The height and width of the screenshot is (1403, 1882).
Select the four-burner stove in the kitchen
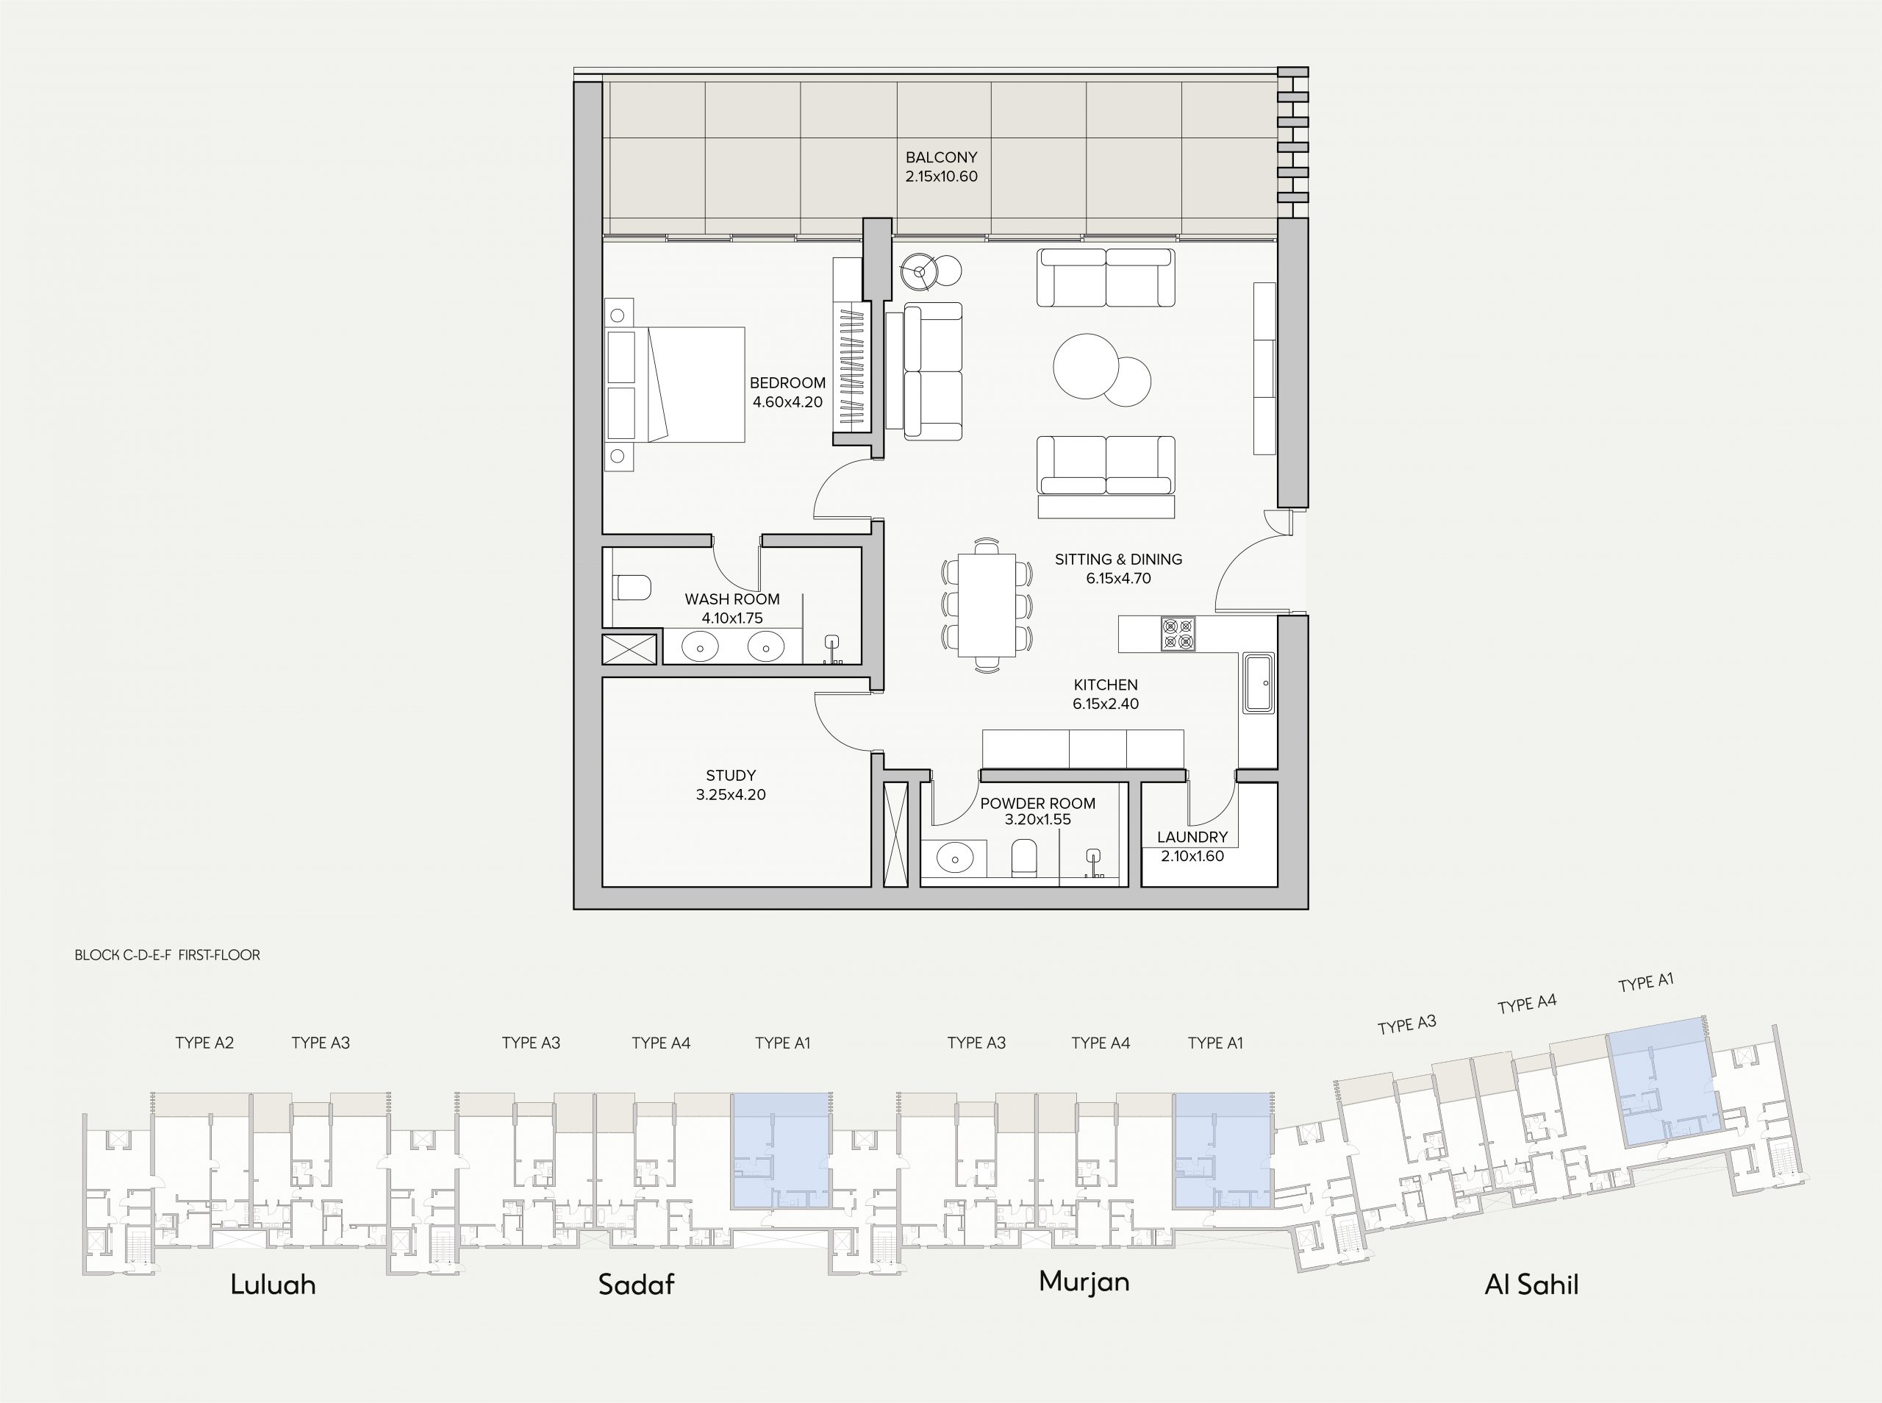click(1178, 635)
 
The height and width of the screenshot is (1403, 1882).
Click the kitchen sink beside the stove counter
click(1258, 683)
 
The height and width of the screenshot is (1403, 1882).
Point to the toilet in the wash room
click(631, 588)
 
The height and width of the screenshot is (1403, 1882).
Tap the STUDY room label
click(731, 775)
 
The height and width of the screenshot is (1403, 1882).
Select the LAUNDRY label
click(1192, 838)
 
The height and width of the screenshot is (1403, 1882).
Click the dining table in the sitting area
click(987, 604)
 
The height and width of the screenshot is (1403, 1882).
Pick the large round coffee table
click(1086, 366)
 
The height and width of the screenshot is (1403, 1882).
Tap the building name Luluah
click(273, 1284)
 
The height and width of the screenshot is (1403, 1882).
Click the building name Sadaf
click(637, 1284)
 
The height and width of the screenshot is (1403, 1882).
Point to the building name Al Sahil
click(1531, 1284)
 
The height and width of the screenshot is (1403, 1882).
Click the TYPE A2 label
click(204, 1043)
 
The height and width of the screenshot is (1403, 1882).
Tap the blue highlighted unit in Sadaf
click(781, 1151)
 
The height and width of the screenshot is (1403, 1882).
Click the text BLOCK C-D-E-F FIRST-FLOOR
click(167, 954)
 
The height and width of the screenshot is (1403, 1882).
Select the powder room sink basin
click(955, 859)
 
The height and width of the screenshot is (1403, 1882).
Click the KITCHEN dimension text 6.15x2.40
click(1105, 704)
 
